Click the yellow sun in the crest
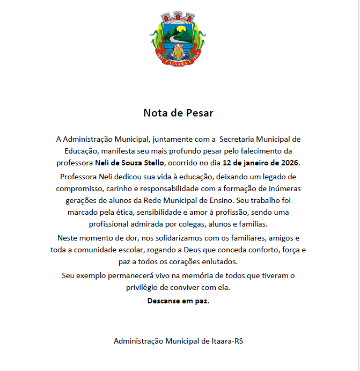[182, 29]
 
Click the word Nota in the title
[155, 113]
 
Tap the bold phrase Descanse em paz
[178, 301]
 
